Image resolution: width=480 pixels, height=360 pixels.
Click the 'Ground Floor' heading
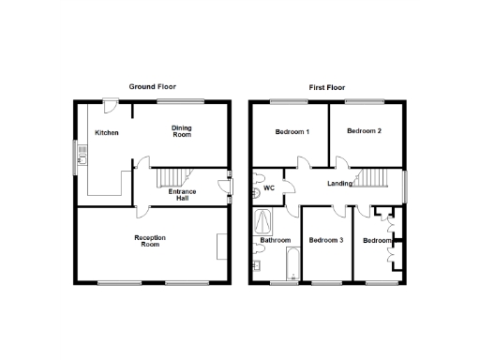point(150,86)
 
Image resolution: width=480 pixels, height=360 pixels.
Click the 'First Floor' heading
point(327,86)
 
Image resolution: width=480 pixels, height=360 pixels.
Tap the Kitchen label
point(107,133)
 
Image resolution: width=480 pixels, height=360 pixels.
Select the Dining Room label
point(181,131)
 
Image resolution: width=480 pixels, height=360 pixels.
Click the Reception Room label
point(150,242)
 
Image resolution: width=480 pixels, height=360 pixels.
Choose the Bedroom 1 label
point(292,131)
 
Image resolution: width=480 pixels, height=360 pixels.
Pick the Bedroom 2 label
point(364,131)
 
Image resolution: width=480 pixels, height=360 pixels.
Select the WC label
point(268,188)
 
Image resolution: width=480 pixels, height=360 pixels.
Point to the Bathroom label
point(276,240)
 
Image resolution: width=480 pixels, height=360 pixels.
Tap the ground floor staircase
point(171,178)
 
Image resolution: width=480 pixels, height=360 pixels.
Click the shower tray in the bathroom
point(263,223)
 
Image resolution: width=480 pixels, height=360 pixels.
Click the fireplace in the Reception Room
point(221,246)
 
